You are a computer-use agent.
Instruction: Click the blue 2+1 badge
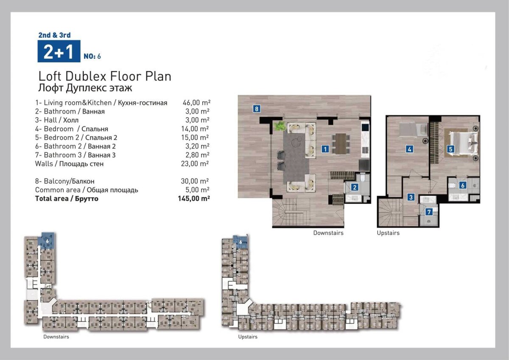[x=59, y=51]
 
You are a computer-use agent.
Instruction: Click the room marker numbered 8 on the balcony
[x=257, y=109]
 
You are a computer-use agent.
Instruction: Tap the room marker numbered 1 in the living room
[x=325, y=149]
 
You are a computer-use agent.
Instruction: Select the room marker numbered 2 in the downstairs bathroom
[x=355, y=187]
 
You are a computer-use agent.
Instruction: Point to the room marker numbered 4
[x=409, y=149]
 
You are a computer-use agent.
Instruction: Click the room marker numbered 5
[x=450, y=149]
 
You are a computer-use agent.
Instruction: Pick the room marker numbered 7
[x=429, y=212]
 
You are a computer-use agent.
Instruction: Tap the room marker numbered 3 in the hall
[x=411, y=197]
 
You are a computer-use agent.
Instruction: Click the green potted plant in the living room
[x=280, y=126]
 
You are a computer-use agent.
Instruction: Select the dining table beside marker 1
[x=341, y=144]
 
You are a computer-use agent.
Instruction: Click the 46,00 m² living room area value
[x=196, y=103]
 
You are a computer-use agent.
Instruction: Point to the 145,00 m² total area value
[x=194, y=199]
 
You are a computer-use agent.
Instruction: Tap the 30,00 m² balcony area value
[x=195, y=181]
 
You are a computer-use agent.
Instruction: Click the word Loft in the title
[x=50, y=76]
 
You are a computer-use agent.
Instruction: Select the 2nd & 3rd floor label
[x=55, y=35]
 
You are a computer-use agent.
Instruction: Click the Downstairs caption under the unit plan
[x=328, y=233]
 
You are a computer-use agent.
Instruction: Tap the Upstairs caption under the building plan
[x=248, y=337]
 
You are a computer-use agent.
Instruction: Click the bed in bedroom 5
[x=463, y=144]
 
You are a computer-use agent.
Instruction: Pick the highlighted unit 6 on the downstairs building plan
[x=48, y=241]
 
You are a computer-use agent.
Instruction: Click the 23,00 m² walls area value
[x=195, y=164]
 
